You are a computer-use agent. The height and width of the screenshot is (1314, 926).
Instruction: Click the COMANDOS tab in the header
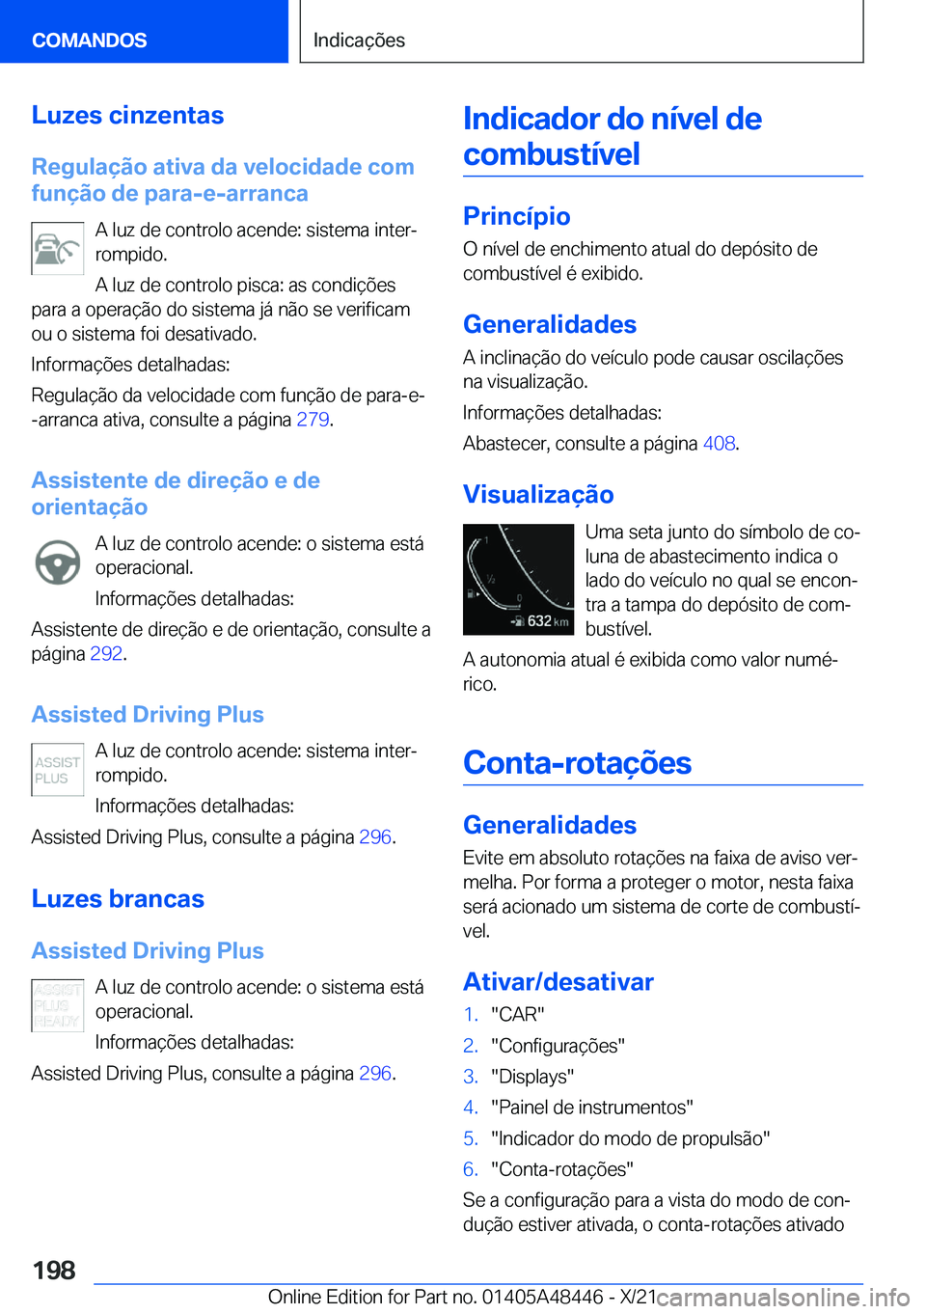[x=90, y=40]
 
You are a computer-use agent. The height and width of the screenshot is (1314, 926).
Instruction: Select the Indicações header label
[x=359, y=40]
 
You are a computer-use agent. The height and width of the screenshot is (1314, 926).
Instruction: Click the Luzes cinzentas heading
[x=127, y=115]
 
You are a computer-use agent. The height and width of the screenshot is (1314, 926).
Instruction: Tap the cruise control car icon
[x=57, y=249]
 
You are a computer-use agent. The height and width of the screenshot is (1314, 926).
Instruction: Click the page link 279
[x=313, y=420]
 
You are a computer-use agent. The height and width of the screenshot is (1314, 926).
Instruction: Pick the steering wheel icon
[x=57, y=561]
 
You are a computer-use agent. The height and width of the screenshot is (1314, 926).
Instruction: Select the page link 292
[x=106, y=654]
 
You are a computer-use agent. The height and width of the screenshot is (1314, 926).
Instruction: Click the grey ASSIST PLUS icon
[x=57, y=770]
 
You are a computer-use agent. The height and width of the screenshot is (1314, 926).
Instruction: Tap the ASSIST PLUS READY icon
[x=57, y=1005]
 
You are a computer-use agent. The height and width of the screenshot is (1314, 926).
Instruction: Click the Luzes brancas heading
[x=118, y=898]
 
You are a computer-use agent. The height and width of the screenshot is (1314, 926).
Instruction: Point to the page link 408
[x=719, y=444]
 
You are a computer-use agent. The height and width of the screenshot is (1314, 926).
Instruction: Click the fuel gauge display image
[x=518, y=579]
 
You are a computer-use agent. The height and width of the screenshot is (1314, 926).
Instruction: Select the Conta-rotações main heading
[x=577, y=762]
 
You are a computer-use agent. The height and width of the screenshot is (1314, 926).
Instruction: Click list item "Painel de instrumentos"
[x=591, y=1108]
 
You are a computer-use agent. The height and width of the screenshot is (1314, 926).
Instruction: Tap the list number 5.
[x=470, y=1138]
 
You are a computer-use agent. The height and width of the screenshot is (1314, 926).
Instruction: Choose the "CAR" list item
[x=517, y=1015]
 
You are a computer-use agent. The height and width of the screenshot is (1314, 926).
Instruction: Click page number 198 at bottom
[x=54, y=1270]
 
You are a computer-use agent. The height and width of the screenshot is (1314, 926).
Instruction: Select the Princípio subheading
[x=516, y=216]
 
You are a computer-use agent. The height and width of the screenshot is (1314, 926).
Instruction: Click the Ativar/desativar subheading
[x=558, y=981]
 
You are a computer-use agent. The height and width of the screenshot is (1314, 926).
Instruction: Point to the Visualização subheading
[x=538, y=494]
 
